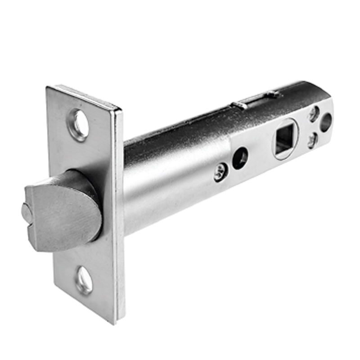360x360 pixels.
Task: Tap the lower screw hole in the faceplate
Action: (84, 279)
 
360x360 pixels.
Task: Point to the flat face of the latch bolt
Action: (63, 216)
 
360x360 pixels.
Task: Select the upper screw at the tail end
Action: (314, 114)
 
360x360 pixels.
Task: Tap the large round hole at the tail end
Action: (326, 122)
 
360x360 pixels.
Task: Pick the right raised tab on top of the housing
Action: (272, 94)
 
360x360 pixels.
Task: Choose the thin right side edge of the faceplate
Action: (119, 216)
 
